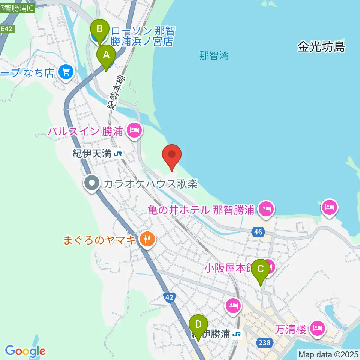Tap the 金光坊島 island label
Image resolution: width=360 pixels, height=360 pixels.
321,47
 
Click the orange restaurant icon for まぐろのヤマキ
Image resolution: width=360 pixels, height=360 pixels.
147,239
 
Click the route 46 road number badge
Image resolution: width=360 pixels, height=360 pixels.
257,232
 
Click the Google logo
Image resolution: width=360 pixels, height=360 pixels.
25,351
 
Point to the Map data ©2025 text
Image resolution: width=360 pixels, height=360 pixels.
328,354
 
